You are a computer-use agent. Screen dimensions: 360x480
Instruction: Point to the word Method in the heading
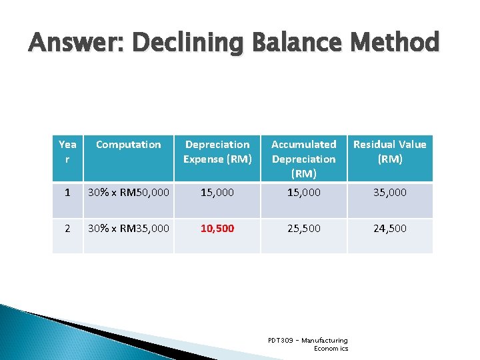396,43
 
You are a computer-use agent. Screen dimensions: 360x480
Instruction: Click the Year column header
67,151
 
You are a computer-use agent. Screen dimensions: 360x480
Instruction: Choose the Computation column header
128,145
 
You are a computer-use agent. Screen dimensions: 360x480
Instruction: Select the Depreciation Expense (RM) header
217,151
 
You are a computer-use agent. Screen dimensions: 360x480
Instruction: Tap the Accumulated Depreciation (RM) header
303,159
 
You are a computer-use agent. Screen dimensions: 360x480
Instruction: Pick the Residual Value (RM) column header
389,151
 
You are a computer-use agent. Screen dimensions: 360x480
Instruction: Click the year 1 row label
67,193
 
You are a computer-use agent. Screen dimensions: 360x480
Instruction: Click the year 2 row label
67,229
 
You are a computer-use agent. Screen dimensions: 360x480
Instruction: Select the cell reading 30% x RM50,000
128,193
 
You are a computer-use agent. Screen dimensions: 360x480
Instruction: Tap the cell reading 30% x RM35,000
128,229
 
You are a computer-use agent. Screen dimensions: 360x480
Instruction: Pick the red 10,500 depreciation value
217,229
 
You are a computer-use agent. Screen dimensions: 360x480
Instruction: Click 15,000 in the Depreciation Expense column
217,193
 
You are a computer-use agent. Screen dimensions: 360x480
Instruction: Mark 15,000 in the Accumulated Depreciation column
303,193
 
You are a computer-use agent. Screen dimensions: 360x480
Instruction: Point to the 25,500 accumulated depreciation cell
303,229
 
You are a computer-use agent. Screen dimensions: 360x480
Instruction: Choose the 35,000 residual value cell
389,193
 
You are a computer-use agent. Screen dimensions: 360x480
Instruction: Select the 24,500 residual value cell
389,229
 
